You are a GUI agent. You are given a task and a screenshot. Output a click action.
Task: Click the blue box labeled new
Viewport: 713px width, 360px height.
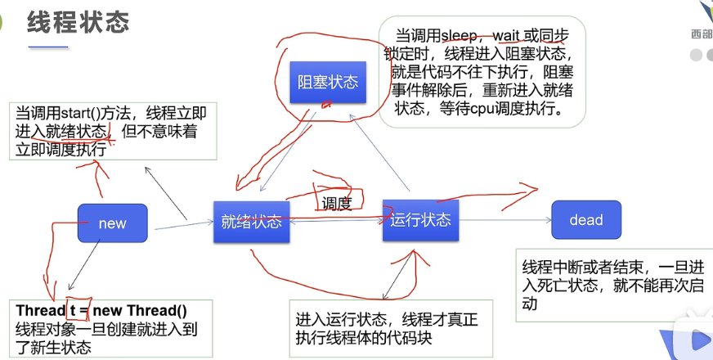(112, 223)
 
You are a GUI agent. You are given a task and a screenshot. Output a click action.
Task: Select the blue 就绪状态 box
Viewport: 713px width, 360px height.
(251, 221)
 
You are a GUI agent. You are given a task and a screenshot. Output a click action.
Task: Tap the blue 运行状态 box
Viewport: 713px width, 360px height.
(420, 219)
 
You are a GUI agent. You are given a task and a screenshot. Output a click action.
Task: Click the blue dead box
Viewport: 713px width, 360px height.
(585, 219)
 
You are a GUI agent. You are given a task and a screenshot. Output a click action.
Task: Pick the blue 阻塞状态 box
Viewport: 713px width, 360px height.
(327, 82)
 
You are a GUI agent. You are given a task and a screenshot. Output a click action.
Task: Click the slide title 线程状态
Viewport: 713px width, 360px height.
(78, 22)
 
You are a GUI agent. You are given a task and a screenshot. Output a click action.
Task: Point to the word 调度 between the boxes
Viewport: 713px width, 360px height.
(336, 204)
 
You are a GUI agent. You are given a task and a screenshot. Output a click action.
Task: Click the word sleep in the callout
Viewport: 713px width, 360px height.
(464, 36)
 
